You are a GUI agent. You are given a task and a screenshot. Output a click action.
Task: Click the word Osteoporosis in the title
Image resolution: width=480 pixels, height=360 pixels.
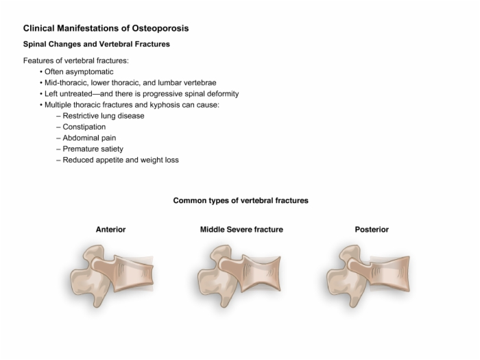pyautogui.click(x=160, y=28)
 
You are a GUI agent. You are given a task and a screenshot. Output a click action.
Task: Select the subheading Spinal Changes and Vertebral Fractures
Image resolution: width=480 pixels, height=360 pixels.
pyautogui.click(x=97, y=44)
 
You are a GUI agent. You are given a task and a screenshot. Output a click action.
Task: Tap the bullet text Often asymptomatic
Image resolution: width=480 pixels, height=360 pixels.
pyautogui.click(x=79, y=71)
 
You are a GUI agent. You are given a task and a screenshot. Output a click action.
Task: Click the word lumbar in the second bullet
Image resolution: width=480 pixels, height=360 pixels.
pyautogui.click(x=169, y=83)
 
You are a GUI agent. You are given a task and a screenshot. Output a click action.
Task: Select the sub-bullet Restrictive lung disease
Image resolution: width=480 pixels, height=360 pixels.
pyautogui.click(x=104, y=116)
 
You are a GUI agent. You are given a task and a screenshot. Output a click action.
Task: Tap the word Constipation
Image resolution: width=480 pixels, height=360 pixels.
pyautogui.click(x=84, y=127)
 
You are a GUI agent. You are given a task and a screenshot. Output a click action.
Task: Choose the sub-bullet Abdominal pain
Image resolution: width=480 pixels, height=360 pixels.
pyautogui.click(x=89, y=138)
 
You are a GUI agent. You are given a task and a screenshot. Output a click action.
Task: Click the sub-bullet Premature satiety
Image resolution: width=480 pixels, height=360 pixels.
pyautogui.click(x=93, y=149)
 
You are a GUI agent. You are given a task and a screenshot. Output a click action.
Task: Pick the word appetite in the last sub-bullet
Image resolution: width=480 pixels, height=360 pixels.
pyautogui.click(x=109, y=160)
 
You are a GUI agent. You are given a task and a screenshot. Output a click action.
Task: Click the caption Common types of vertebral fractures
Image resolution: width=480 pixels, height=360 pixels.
pyautogui.click(x=241, y=200)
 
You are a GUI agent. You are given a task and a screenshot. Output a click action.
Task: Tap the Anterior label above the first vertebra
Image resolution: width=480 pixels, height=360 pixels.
pyautogui.click(x=110, y=230)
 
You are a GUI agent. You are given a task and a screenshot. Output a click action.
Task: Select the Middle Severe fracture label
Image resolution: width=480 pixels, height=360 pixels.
pyautogui.click(x=241, y=230)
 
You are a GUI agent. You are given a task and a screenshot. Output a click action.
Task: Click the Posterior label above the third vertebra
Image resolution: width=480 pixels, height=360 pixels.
pyautogui.click(x=372, y=230)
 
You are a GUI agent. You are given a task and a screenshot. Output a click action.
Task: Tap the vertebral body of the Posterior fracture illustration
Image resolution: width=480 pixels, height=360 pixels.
pyautogui.click(x=389, y=274)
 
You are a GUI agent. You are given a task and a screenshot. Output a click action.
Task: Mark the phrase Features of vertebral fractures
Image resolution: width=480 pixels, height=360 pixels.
pyautogui.click(x=76, y=60)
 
